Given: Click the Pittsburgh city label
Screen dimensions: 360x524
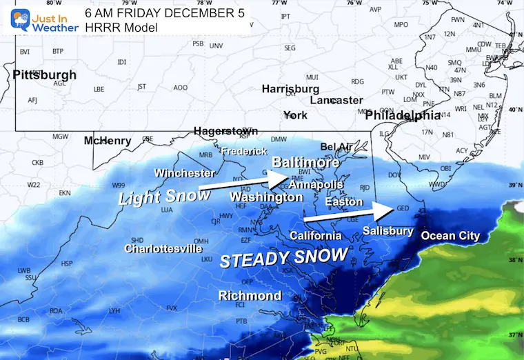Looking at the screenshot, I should [45, 74].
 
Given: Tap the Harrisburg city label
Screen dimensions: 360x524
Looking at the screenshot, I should [290, 89].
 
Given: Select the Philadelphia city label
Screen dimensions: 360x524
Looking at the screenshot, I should [403, 115].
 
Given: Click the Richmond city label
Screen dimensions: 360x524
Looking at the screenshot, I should [250, 296].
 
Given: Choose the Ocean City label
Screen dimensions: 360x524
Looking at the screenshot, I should [450, 236].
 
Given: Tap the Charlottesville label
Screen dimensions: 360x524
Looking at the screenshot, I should [163, 248].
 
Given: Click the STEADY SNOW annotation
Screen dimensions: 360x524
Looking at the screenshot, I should [283, 257].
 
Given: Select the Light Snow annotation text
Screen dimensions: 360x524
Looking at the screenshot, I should [164, 197].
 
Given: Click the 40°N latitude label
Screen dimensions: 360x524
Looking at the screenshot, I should [514, 110].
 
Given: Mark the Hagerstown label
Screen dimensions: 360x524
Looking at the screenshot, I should [225, 131].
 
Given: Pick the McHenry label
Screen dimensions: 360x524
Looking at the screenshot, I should [107, 141].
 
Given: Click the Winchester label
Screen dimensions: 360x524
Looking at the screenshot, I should [184, 172].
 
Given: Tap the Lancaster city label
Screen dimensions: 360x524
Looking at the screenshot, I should [336, 100].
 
